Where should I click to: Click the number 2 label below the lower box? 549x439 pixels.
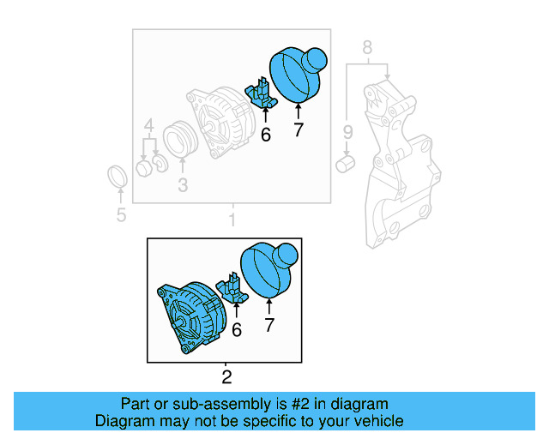pyautogui.click(x=226, y=376)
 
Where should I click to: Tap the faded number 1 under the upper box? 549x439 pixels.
pyautogui.click(x=232, y=220)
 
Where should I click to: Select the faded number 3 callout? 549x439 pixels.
pyautogui.click(x=183, y=184)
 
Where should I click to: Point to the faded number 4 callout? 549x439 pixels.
pyautogui.click(x=149, y=125)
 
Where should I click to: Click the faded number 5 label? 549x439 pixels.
pyautogui.click(x=121, y=214)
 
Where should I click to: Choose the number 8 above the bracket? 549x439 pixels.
pyautogui.click(x=367, y=48)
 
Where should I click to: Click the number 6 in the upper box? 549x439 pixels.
pyautogui.click(x=265, y=134)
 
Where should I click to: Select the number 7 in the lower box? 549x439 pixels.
pyautogui.click(x=268, y=325)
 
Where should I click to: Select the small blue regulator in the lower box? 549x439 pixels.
pyautogui.click(x=234, y=288)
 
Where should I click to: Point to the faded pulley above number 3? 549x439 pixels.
pyautogui.click(x=182, y=141)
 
